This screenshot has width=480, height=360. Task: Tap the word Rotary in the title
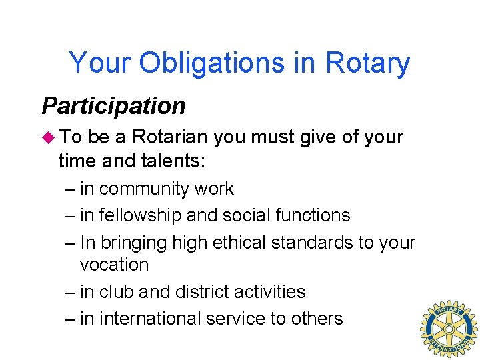pos(367,64)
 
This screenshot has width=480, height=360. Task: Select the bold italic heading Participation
pos(113,105)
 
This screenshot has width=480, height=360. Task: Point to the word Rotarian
pos(171,137)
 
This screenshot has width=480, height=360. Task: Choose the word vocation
pos(114,265)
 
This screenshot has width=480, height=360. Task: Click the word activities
pos(273,292)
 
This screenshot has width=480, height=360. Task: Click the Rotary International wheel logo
pos(448,329)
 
